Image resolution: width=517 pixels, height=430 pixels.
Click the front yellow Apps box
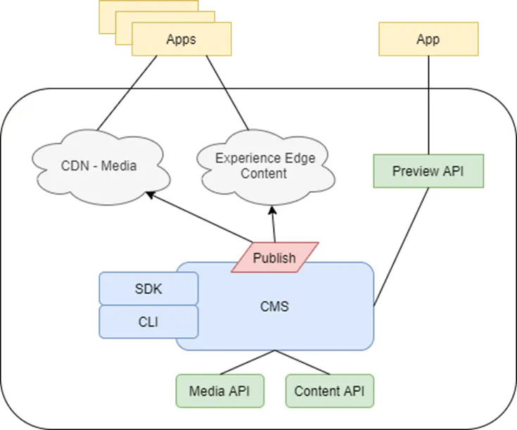point(181,39)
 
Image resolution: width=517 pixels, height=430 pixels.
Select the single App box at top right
point(428,39)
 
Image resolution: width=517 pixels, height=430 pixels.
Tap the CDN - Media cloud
point(99,166)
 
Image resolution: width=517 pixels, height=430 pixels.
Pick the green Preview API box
point(428,171)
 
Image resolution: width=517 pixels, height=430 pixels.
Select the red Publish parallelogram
point(274,258)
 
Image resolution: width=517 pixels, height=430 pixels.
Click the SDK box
point(148,289)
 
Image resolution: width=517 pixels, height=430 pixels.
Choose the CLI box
point(148,322)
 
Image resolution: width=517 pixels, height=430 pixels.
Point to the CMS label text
point(274,307)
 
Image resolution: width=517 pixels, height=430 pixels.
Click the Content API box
point(329,391)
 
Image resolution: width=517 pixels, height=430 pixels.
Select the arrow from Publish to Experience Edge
point(273,224)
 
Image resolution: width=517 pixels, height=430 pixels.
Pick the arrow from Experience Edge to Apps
point(226,91)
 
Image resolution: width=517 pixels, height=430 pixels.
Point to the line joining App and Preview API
point(428,106)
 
